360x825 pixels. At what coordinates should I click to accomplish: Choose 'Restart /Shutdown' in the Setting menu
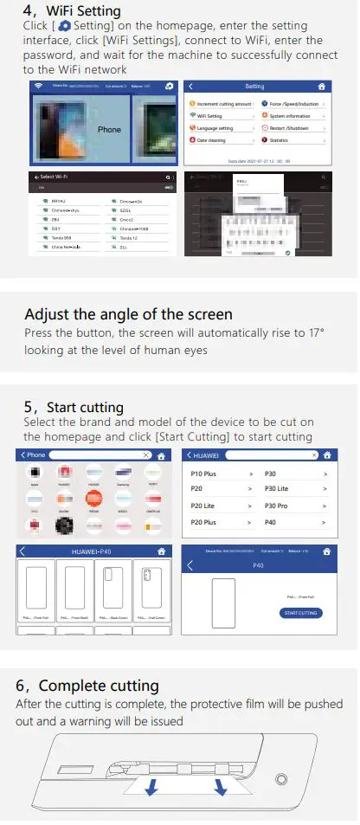click(290, 127)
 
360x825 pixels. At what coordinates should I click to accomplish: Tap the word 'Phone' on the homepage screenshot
click(109, 129)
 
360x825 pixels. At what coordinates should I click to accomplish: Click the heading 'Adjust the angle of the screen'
click(128, 314)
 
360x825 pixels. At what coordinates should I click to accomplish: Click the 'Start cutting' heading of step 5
click(85, 407)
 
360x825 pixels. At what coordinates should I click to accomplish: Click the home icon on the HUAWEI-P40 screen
click(160, 551)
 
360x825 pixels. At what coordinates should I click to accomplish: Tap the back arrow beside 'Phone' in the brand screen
click(22, 454)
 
